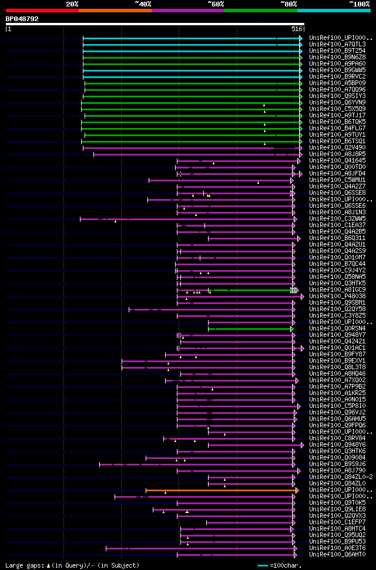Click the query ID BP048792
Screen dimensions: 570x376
tap(22, 19)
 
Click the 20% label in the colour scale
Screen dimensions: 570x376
tap(72, 4)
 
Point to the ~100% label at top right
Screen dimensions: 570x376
tap(359, 4)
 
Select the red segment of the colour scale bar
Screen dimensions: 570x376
tap(42, 11)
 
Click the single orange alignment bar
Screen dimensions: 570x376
tap(220, 490)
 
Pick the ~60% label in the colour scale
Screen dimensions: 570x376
tap(216, 4)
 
